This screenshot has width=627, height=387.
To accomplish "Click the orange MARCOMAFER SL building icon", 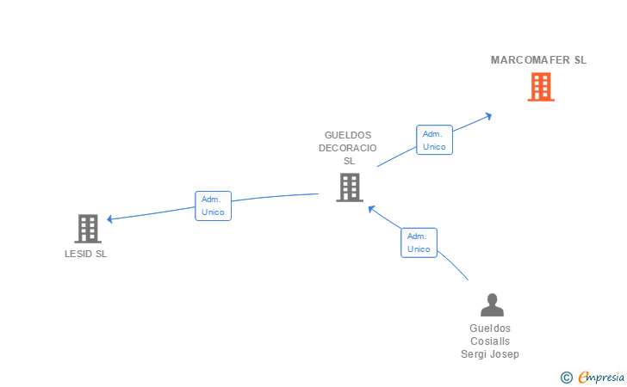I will coord(540,87).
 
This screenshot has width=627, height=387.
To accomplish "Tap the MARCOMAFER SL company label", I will coord(538,60).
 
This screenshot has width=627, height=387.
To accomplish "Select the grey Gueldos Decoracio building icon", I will coord(349,187).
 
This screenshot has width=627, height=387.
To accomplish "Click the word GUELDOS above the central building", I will coord(348,135).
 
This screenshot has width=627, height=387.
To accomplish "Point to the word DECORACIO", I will coord(348,148).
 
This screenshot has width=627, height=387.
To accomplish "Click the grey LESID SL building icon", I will coord(88,229).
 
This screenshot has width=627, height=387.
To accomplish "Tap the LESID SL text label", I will coord(86,254).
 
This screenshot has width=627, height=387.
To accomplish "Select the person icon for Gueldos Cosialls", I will coord(491,305).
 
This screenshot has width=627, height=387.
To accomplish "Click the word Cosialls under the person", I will coord(490,341).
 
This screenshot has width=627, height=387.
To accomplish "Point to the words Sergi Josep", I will coord(490,354).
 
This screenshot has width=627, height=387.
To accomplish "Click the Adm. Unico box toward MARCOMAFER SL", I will coord(434,140).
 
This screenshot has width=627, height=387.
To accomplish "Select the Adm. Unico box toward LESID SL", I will coord(213,206).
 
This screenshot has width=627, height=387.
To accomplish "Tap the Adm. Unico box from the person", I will coord(419,243).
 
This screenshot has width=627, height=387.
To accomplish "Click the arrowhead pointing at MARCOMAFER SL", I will coord(488,114).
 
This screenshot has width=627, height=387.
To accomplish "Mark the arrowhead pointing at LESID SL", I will coord(110,219).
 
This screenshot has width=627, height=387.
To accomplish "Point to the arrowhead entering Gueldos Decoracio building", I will coord(371,208).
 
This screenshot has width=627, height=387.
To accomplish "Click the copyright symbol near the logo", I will coord(566,377).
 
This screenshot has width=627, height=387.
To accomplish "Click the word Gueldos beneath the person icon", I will coord(490,329).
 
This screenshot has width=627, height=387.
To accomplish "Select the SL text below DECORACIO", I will coord(349,161).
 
